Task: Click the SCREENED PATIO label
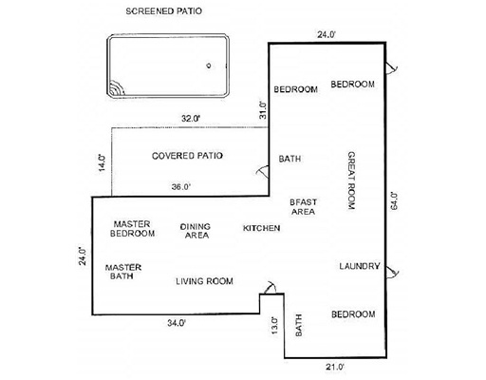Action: [163, 11]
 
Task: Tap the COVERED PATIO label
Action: [187, 156]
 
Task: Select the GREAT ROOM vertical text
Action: [351, 180]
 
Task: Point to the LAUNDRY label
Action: [360, 266]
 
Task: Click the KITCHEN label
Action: [261, 228]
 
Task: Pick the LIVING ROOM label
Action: [204, 281]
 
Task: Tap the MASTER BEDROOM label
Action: [132, 229]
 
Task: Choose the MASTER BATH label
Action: [123, 272]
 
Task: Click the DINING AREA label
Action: [196, 231]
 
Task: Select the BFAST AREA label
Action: [303, 207]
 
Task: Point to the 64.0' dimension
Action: [394, 200]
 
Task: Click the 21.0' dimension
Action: [335, 367]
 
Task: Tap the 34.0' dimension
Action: [177, 323]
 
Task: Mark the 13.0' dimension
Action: [275, 326]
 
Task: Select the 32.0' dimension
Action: [191, 119]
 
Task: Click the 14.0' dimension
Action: [103, 162]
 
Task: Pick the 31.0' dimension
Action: [263, 110]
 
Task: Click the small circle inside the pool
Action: [209, 66]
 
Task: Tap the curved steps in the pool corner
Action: [118, 89]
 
